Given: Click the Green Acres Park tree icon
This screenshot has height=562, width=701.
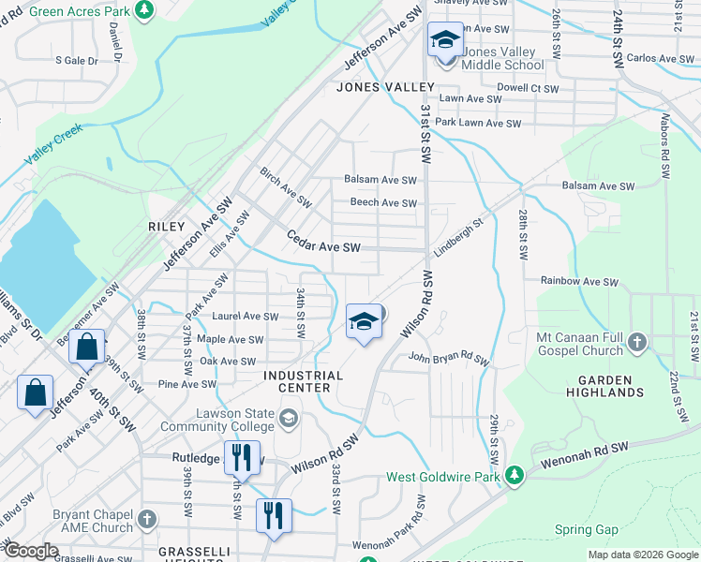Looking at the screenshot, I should (x=145, y=9).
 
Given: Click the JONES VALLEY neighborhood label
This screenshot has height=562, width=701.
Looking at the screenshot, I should (x=385, y=87).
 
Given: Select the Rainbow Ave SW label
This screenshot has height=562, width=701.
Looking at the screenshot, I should (x=579, y=281).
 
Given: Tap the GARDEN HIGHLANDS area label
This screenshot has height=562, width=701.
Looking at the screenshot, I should (x=598, y=386).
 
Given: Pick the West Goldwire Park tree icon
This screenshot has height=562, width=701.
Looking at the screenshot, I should (x=514, y=477).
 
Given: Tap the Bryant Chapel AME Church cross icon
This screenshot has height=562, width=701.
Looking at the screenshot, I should (x=146, y=518).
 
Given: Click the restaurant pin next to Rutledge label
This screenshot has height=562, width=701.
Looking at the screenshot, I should (x=242, y=459).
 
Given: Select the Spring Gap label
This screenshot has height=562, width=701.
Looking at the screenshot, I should (x=586, y=530).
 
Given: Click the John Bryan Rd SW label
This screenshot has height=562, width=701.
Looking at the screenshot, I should (x=448, y=358).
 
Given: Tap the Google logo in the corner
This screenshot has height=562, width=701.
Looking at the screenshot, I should (x=31, y=552).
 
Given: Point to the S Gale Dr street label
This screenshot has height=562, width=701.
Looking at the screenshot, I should (x=76, y=60).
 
